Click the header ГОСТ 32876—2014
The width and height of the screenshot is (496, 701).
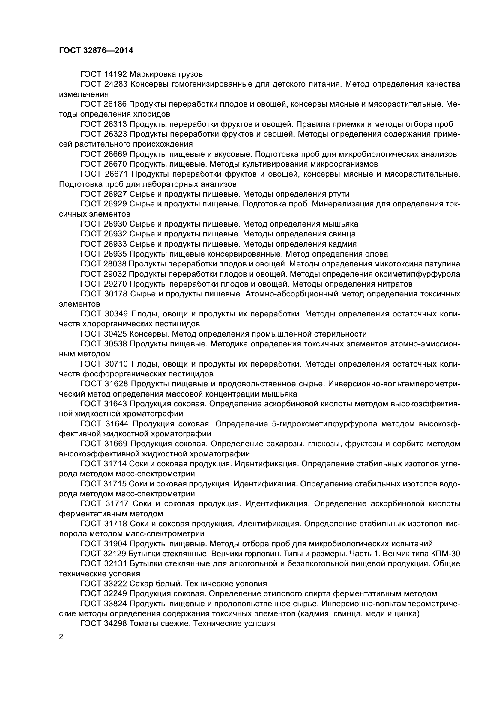click(96, 51)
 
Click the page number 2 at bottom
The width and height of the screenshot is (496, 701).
click(61, 637)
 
